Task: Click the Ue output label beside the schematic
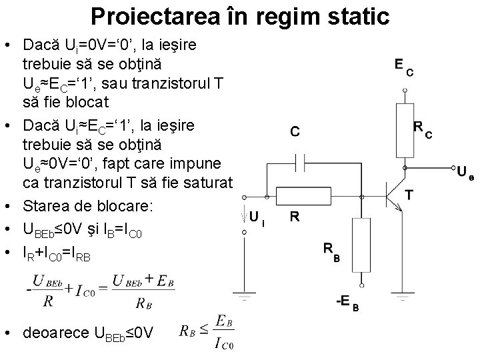point(466,172)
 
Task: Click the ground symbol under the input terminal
point(242,293)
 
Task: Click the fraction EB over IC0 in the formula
point(219,333)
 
